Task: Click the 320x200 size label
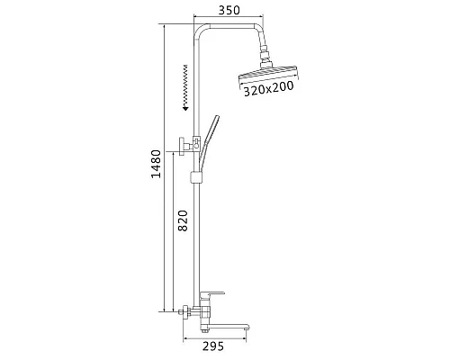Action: point(270,88)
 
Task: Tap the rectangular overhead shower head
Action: point(269,79)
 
